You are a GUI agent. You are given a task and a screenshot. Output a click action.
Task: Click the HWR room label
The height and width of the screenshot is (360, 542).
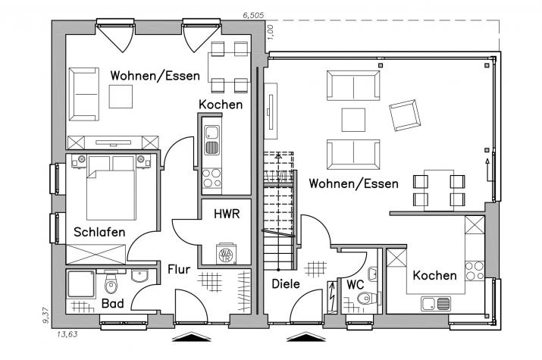tap(227, 214)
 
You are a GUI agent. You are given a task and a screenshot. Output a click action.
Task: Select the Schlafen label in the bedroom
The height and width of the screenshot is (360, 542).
tap(99, 232)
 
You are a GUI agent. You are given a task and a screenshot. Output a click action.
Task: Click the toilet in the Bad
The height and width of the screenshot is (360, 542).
tap(111, 283)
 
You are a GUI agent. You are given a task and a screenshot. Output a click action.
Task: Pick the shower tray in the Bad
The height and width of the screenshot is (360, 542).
tap(81, 284)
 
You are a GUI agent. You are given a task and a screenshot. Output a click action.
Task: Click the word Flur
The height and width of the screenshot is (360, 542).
tap(179, 269)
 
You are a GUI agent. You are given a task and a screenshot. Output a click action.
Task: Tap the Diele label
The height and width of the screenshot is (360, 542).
tap(286, 284)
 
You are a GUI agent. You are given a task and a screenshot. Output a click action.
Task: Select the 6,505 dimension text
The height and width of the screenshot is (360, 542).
tap(253, 15)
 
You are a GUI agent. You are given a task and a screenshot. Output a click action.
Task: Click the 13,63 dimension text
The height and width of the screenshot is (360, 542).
tap(67, 334)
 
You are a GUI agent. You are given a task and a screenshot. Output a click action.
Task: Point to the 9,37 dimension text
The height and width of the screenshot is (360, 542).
tap(46, 316)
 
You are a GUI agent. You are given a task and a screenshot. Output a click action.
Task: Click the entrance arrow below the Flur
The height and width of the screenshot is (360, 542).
tap(192, 337)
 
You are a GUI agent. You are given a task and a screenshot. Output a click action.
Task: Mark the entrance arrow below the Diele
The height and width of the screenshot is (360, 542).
tap(306, 337)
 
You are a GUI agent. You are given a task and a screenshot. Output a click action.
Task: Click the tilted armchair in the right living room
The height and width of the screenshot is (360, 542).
tap(405, 115)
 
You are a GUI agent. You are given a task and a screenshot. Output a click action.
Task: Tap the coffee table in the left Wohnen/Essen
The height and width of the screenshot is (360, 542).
tap(121, 97)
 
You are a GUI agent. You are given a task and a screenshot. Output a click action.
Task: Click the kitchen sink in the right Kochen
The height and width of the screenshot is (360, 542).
tap(436, 304)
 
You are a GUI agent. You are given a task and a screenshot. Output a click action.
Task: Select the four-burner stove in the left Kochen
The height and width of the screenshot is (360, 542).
tap(211, 177)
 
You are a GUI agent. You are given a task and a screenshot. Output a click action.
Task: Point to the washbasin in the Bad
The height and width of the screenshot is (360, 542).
tap(139, 276)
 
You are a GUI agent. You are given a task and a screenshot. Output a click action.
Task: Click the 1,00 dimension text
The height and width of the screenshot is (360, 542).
tap(271, 31)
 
